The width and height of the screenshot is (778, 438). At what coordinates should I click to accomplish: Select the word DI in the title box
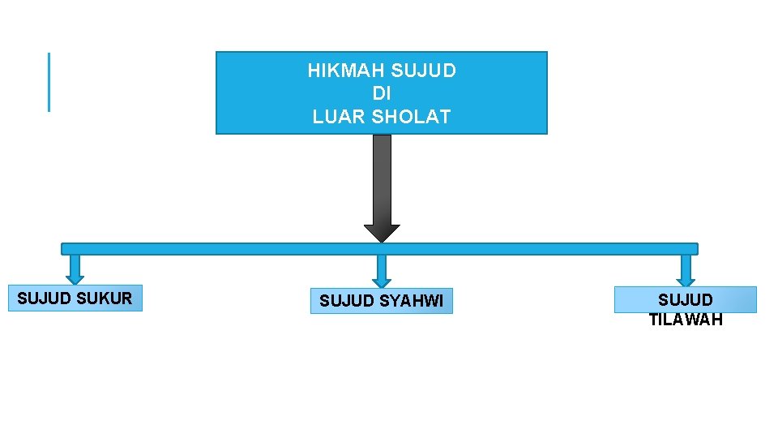pyautogui.click(x=382, y=93)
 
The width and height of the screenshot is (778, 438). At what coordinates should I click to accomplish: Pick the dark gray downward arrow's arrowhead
pyautogui.click(x=382, y=233)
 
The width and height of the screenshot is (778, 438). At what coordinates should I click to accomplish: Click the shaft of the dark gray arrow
pyautogui.click(x=382, y=178)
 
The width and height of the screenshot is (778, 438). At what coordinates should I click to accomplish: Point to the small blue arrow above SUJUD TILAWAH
pyautogui.click(x=686, y=270)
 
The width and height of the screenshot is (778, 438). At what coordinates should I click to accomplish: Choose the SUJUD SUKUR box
pyautogui.click(x=75, y=298)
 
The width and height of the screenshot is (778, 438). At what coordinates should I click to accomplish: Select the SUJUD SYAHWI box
pyautogui.click(x=381, y=301)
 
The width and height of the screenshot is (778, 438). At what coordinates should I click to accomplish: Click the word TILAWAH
pyautogui.click(x=686, y=319)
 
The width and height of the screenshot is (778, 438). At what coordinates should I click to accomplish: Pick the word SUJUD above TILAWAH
pyautogui.click(x=686, y=300)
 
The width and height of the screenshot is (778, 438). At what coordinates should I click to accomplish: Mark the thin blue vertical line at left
pyautogui.click(x=49, y=82)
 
